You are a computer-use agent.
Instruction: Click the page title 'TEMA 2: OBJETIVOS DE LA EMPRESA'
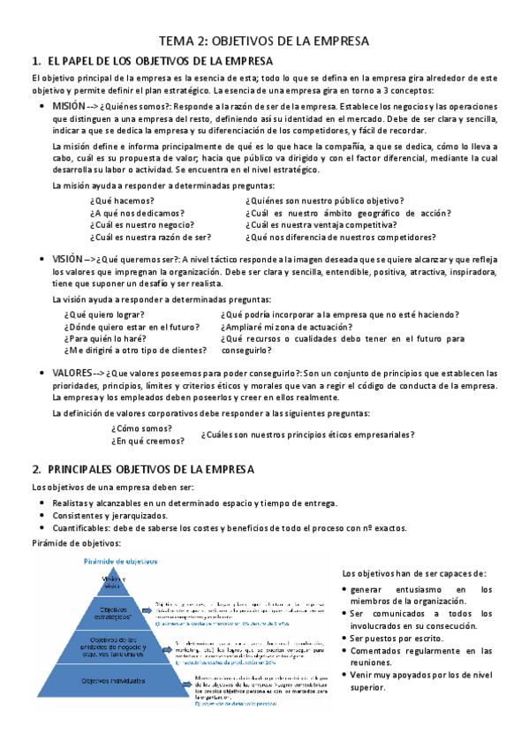point(263,41)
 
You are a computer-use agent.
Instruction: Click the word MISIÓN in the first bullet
point(69,105)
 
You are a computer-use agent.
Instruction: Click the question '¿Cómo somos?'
point(142,428)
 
